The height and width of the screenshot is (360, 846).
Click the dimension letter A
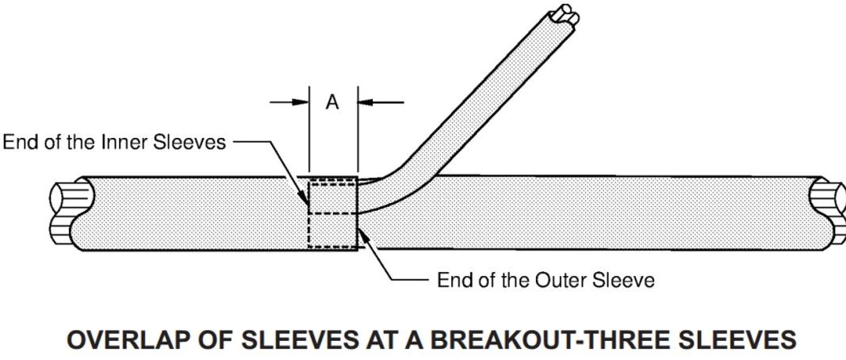click(x=333, y=103)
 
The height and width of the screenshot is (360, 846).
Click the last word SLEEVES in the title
click(x=737, y=340)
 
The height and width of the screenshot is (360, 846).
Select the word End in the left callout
click(x=22, y=143)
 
